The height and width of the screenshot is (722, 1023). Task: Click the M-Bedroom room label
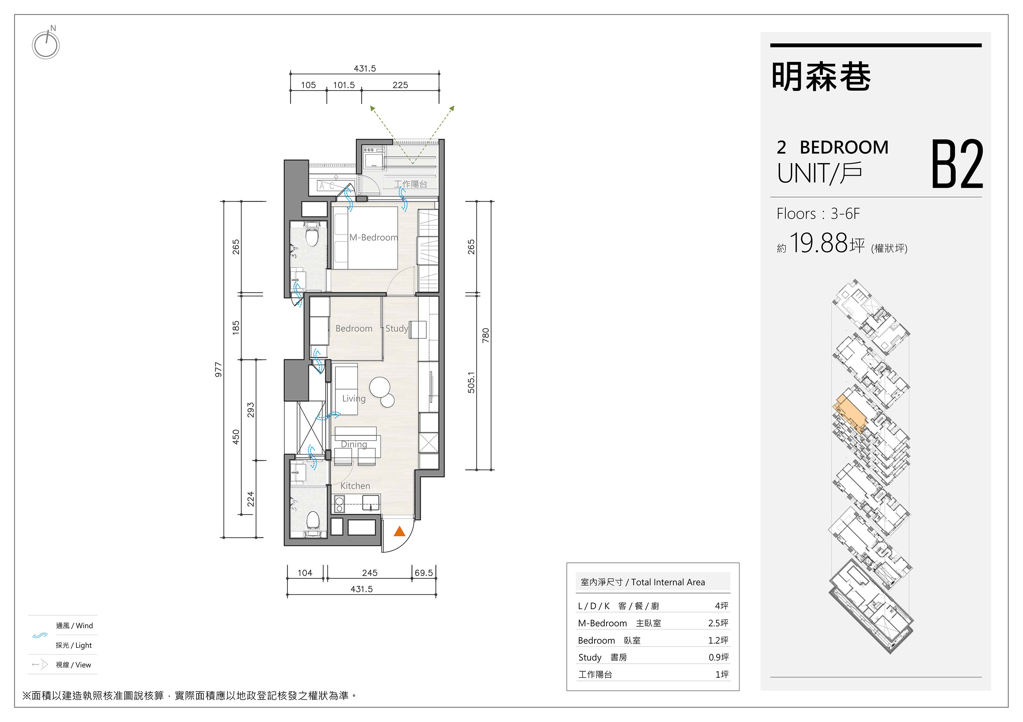(373, 238)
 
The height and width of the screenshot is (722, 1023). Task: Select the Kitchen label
(355, 486)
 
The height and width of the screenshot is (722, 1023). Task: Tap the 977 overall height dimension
(218, 370)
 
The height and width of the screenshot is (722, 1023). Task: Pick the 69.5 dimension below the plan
(423, 573)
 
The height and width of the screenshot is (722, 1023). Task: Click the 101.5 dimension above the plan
(344, 85)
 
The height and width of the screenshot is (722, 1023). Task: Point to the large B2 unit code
(957, 164)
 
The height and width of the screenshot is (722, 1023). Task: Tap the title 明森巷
(821, 77)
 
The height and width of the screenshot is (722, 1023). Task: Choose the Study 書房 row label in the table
(602, 657)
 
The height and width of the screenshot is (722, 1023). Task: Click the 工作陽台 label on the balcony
(410, 184)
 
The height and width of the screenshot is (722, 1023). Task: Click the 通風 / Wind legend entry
(74, 626)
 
